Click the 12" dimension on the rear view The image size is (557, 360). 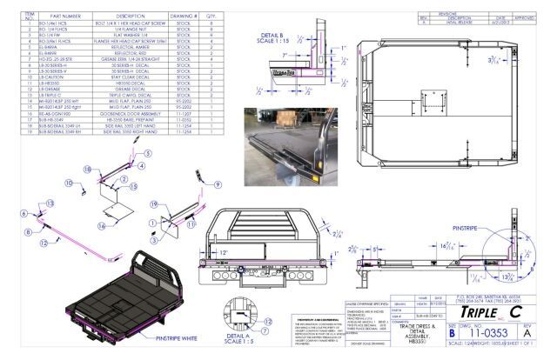click(x=225, y=250)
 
